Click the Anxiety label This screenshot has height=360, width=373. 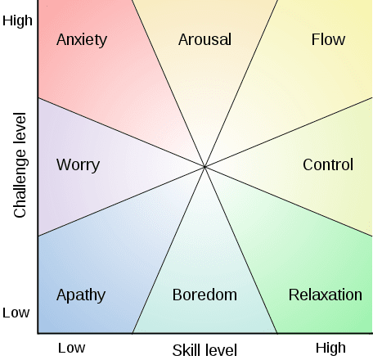click(82, 40)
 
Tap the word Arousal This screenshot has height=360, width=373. click(204, 39)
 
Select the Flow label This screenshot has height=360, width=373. click(328, 39)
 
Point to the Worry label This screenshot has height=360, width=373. click(79, 165)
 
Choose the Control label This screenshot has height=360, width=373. click(328, 164)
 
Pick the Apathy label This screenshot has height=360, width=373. click(81, 295)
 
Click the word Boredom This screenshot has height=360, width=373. click(204, 295)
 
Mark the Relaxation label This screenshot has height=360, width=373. click(326, 295)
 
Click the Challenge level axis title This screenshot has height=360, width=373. click(20, 165)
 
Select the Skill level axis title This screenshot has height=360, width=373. click(204, 350)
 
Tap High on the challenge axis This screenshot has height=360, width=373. click(17, 20)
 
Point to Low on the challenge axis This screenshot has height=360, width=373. click(16, 313)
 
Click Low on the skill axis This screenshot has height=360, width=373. click(71, 348)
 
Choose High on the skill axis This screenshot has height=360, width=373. click(330, 349)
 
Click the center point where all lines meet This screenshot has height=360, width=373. click(204, 167)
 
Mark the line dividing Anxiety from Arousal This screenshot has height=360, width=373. click(169, 83)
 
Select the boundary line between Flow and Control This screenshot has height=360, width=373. click(289, 132)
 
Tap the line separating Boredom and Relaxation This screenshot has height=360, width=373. click(241, 250)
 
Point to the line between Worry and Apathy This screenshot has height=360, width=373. click(121, 201)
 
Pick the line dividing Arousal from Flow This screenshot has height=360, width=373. click(241, 83)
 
